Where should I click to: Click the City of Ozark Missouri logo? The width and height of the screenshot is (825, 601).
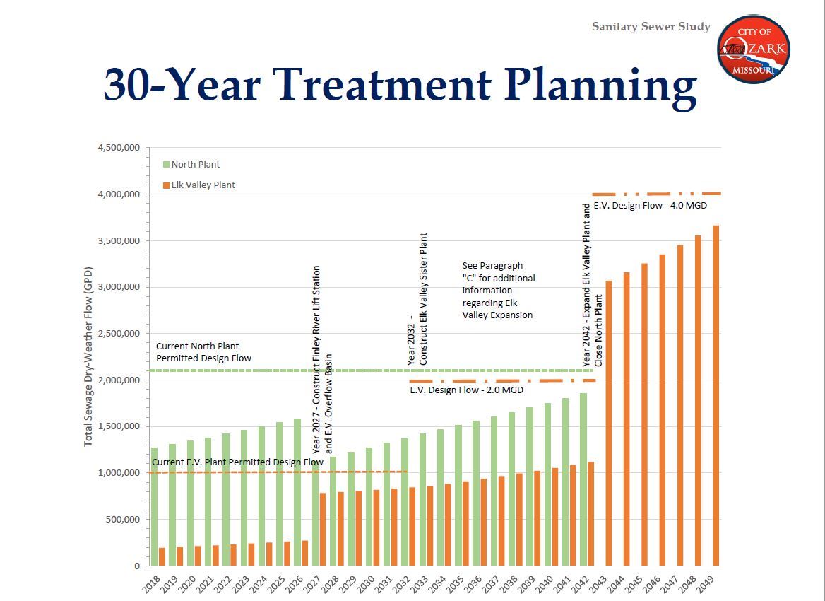(753, 49)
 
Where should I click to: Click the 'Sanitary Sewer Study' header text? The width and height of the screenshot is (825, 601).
(651, 27)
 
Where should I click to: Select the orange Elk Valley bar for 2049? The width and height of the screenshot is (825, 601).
(716, 396)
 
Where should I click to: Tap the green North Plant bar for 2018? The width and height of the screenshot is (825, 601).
(154, 506)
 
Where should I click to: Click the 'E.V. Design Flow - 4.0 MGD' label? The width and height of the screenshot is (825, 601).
(650, 206)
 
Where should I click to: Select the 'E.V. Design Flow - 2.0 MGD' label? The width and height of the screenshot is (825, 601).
(466, 390)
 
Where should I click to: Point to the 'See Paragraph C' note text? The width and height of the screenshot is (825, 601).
(499, 290)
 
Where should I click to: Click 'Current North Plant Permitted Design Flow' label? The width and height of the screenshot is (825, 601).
(203, 352)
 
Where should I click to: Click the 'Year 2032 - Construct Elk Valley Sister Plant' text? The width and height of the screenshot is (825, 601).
(418, 299)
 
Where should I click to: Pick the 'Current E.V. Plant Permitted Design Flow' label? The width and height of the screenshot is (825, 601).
(237, 462)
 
